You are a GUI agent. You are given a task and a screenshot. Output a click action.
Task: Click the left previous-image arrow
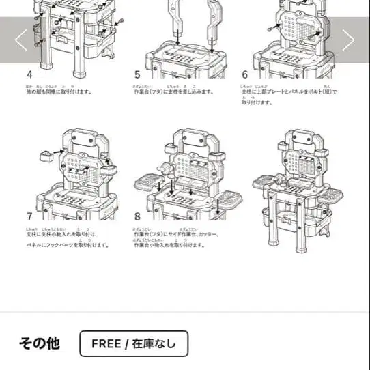click(21, 40)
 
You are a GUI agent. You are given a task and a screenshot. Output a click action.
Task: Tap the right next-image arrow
click(348, 40)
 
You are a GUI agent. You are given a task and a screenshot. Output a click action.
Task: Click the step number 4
click(29, 74)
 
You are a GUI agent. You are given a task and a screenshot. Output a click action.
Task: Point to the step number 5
click(137, 74)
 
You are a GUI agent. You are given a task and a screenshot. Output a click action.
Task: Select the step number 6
click(245, 74)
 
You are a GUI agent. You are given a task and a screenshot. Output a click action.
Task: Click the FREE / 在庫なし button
click(133, 343)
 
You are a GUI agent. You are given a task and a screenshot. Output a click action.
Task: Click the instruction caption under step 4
click(60, 91)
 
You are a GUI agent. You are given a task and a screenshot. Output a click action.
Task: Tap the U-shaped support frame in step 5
click(194, 17)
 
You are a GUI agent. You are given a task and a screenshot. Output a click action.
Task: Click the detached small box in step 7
click(47, 156)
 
